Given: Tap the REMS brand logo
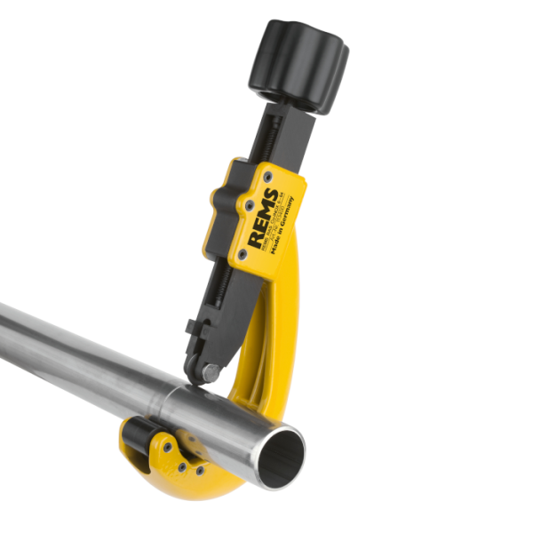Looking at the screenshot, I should tap(266, 213).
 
